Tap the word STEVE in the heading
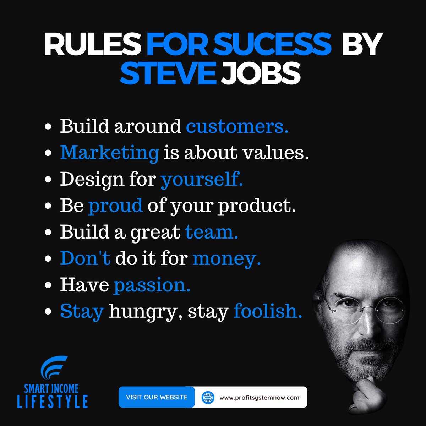(x=168, y=73)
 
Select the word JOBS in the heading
(x=261, y=73)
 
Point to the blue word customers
(x=237, y=126)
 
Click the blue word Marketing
(x=109, y=153)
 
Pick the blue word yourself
(x=202, y=179)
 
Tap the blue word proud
(x=115, y=206)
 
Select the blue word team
(x=211, y=232)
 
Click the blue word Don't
(x=85, y=258)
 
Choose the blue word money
(x=226, y=259)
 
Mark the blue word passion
(x=152, y=285)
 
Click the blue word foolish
(x=268, y=311)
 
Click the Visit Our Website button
(x=157, y=397)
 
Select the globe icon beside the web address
(x=208, y=397)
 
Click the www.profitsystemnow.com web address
(x=259, y=397)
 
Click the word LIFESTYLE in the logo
(x=53, y=401)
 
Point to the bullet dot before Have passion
(x=49, y=285)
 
